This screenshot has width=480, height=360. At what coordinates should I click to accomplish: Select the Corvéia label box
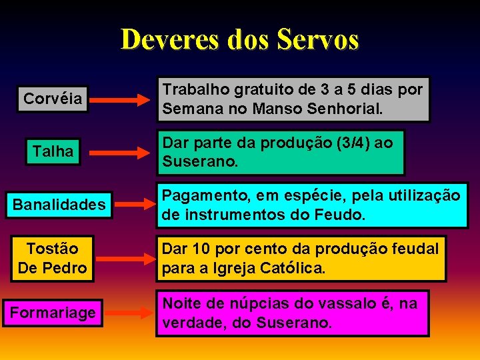pos(53,99)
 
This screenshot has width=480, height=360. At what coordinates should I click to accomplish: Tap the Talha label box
pos(53,151)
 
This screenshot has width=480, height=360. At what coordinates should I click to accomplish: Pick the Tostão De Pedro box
pos(53,258)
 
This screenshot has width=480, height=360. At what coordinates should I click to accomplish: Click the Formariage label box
pos(53,311)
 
